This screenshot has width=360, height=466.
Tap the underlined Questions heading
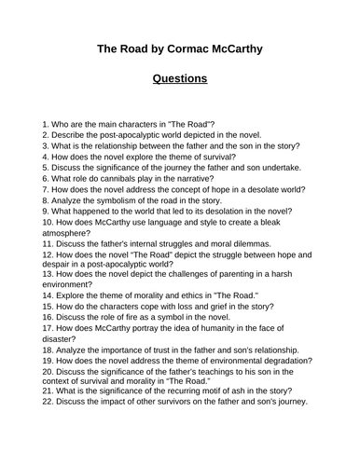[x=180, y=78]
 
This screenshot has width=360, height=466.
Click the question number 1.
[x=47, y=124]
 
